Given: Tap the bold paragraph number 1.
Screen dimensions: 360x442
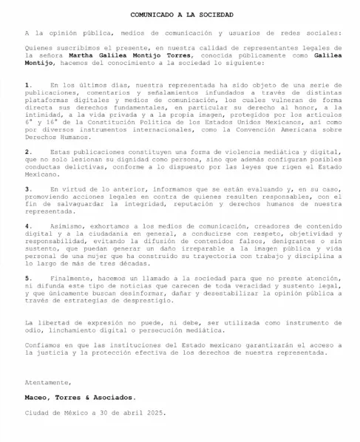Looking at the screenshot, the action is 27,86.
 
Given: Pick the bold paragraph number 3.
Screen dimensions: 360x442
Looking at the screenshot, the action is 27,188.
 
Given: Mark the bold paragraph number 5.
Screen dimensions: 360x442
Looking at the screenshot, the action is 27,276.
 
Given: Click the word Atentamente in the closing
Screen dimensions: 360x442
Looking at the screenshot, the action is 48,381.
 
